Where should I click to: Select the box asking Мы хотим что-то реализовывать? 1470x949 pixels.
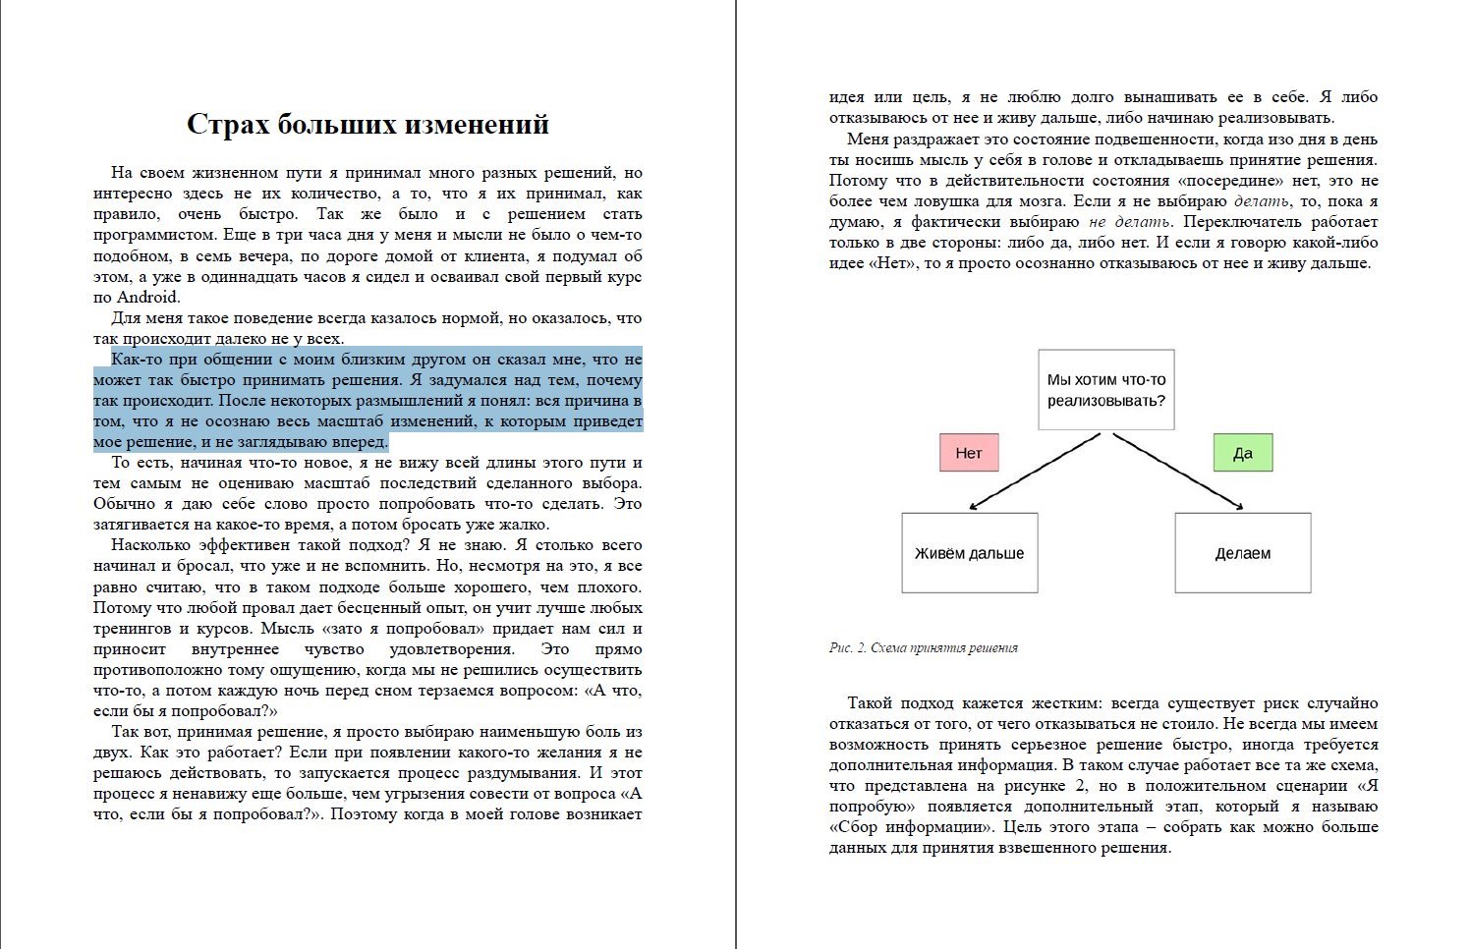click(x=1105, y=390)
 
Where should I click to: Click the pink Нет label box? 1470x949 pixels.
click(x=969, y=453)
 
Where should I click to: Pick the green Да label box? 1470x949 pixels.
click(x=1242, y=453)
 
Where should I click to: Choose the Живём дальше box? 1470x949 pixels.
click(x=969, y=553)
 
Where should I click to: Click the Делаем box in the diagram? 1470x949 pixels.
click(x=1242, y=553)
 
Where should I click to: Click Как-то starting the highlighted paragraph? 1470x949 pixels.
click(x=136, y=360)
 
